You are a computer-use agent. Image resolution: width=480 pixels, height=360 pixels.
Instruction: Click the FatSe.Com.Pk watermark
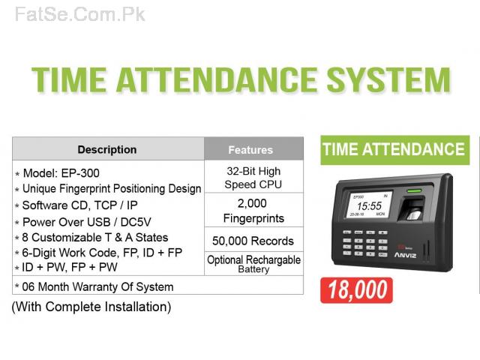pos(80,15)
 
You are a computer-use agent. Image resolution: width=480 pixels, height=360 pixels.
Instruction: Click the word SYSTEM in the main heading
pos(388,79)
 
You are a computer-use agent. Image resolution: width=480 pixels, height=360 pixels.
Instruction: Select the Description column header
pos(107,150)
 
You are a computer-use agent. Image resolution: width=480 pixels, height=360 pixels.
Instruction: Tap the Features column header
pos(250,150)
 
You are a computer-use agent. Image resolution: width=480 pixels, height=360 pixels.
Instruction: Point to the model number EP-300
pos(80,173)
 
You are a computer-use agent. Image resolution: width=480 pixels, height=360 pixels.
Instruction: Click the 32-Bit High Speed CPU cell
pos(253,178)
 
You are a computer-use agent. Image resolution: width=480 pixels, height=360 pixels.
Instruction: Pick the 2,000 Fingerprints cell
pos(253,211)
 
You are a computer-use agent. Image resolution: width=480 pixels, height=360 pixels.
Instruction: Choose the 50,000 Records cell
pos(253,241)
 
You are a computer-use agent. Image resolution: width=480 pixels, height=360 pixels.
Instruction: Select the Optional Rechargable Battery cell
pos(253,264)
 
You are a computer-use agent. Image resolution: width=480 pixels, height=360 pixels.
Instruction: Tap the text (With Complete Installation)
pos(91,307)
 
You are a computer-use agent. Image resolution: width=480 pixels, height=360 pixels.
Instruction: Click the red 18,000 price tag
pos(356,290)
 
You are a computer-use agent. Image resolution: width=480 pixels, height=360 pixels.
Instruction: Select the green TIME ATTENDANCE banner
pos(395,150)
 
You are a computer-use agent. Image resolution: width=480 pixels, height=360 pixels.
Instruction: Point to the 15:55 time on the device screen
pos(369,206)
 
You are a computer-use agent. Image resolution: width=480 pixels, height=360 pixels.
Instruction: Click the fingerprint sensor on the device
pos(414,209)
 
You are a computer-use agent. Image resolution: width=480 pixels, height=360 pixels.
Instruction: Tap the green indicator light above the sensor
pos(414,191)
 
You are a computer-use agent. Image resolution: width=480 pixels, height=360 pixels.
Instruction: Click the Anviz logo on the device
pos(405,255)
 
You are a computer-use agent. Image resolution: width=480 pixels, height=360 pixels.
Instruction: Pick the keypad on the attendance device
pos(365,243)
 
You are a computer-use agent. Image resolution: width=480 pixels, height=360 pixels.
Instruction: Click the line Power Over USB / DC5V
pos(87,222)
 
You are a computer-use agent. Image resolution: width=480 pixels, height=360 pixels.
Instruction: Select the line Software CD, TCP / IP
pos(80,205)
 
